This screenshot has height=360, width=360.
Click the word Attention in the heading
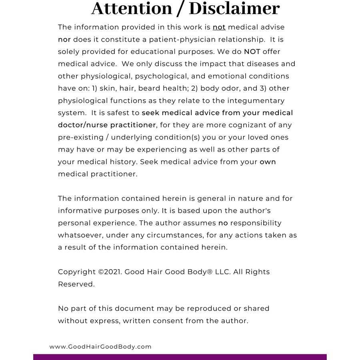[x=131, y=8]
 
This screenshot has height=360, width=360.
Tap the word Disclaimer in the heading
[x=234, y=8]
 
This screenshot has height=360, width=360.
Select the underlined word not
[x=219, y=27]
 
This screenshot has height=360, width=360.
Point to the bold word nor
[x=64, y=40]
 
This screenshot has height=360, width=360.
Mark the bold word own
[x=268, y=162]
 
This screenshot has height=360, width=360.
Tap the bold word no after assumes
[x=222, y=223]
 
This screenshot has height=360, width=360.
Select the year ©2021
[x=110, y=272]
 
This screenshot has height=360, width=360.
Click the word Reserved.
[x=76, y=284]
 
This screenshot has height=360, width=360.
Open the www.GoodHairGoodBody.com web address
[x=100, y=347]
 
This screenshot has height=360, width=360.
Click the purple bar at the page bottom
[x=180, y=357]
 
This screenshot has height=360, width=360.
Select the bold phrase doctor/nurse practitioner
[x=107, y=125]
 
